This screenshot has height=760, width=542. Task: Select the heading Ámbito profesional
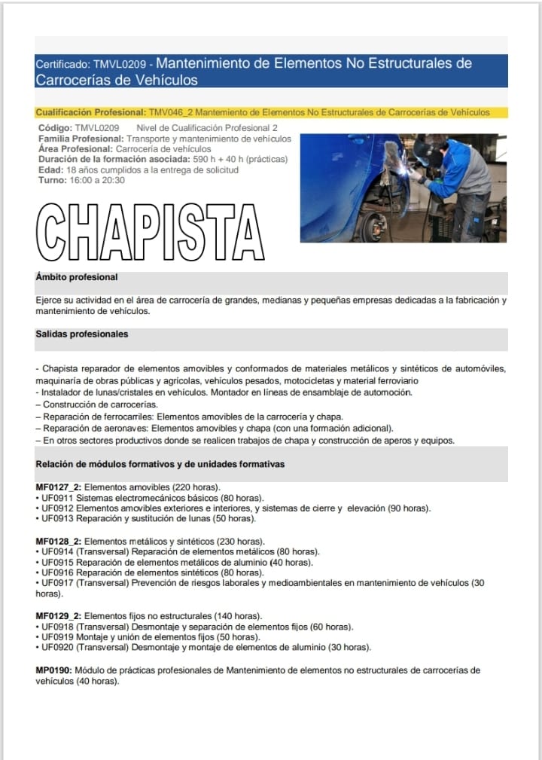(77, 278)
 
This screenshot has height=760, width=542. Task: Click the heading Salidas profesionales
(82, 334)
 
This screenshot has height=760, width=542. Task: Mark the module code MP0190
(53, 670)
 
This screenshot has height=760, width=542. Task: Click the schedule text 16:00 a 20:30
(97, 180)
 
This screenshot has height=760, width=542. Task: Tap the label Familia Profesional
(81, 139)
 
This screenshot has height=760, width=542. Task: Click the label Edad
(51, 169)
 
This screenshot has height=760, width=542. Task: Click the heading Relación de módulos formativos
(160, 464)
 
